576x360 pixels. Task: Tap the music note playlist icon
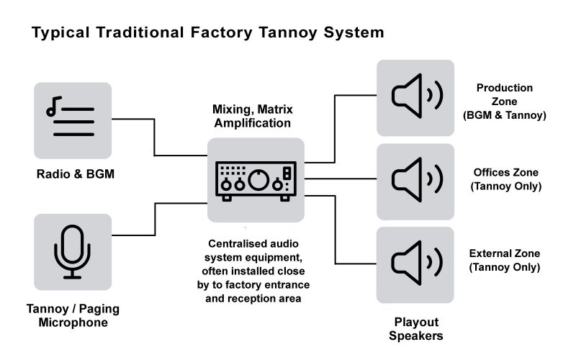tap(72, 120)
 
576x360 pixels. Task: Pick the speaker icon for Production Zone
tap(415, 98)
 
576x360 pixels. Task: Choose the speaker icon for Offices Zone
tap(415, 181)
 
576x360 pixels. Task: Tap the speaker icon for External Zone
tap(415, 264)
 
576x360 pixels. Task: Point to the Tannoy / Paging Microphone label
tap(72, 315)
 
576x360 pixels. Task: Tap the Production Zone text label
tap(504, 101)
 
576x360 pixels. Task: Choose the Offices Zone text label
tap(505, 179)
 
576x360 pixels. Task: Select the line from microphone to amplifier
tap(154, 219)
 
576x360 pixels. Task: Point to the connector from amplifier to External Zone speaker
tap(336, 230)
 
